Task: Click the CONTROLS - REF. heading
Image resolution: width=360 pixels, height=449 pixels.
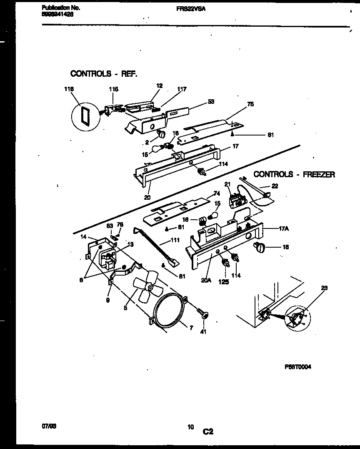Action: tap(104, 74)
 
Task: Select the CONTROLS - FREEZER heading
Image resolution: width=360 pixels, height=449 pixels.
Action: tap(294, 175)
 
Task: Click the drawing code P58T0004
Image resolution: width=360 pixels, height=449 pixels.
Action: tap(298, 367)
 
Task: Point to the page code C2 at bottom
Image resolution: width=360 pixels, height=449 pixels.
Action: tap(208, 432)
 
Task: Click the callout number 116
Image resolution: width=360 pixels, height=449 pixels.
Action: tap(69, 89)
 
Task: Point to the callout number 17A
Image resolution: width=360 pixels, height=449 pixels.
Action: tap(272, 228)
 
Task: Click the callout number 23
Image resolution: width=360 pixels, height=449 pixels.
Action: tap(325, 288)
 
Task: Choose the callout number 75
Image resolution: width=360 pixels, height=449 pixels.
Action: tap(250, 104)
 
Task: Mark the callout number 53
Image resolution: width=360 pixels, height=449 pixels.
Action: tap(211, 101)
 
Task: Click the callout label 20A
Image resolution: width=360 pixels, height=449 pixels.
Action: tap(206, 280)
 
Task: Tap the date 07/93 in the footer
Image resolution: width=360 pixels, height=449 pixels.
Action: tap(49, 426)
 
